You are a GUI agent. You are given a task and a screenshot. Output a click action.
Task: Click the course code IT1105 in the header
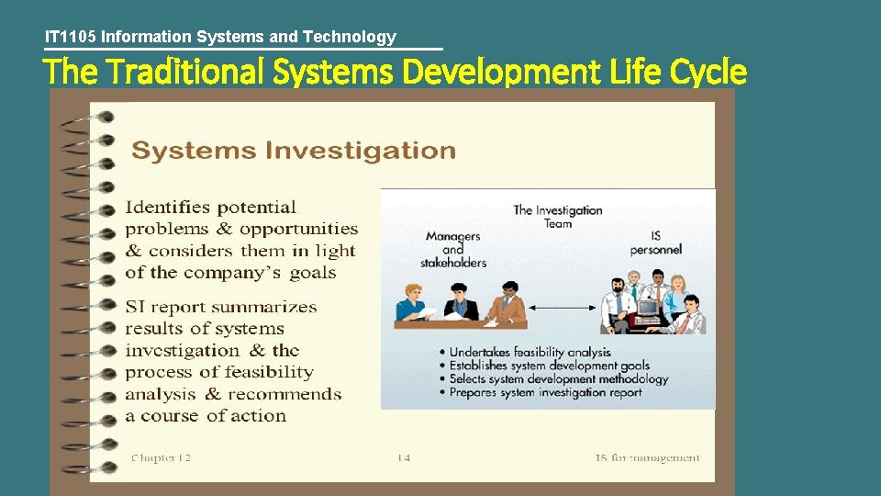pyautogui.click(x=72, y=37)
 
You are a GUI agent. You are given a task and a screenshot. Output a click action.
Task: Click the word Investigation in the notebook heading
pyautogui.click(x=360, y=151)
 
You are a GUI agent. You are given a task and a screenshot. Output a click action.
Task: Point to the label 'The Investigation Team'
pyautogui.click(x=557, y=217)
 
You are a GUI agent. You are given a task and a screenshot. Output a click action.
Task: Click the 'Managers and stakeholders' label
pyautogui.click(x=453, y=249)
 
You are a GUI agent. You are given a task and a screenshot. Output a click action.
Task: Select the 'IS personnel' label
pyautogui.click(x=655, y=242)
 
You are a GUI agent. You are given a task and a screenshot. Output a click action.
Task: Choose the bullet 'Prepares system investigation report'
pyautogui.click(x=545, y=392)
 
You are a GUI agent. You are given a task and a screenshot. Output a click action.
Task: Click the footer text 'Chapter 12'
pyautogui.click(x=161, y=457)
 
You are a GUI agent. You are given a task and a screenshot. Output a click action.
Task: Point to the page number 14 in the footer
pyautogui.click(x=405, y=457)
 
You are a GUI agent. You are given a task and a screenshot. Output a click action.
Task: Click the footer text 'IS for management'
pyautogui.click(x=647, y=457)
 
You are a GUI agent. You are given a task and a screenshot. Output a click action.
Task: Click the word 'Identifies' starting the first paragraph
pyautogui.click(x=166, y=207)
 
